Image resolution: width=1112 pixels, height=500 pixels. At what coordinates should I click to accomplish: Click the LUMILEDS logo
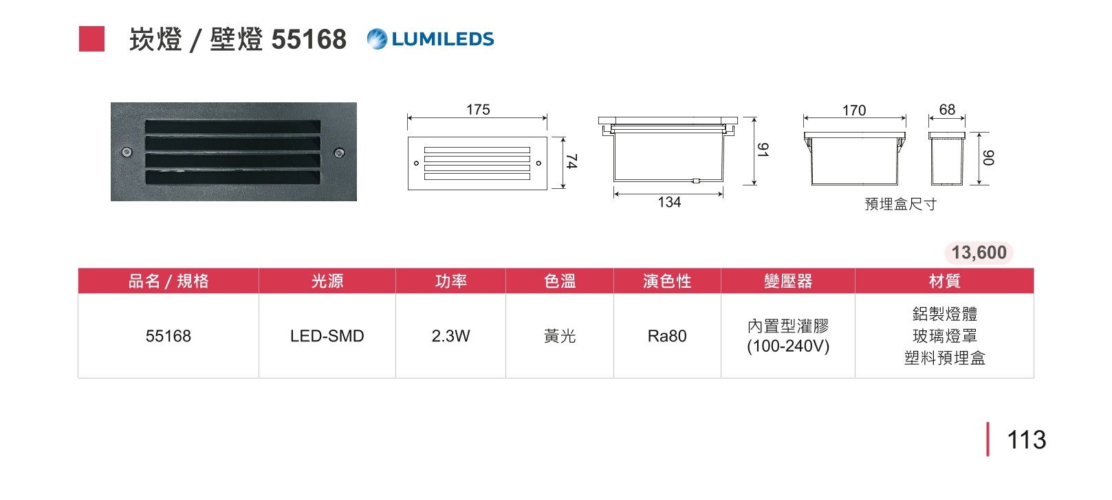click(x=430, y=39)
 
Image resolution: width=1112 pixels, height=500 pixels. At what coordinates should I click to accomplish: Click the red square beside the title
click(x=91, y=39)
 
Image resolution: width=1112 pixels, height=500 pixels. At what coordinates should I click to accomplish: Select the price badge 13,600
click(x=979, y=253)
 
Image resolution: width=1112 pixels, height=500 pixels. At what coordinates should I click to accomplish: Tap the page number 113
click(x=1026, y=440)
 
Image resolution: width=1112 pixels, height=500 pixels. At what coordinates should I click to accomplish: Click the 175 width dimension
click(x=478, y=110)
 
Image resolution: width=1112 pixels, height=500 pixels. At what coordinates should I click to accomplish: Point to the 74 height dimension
click(x=571, y=161)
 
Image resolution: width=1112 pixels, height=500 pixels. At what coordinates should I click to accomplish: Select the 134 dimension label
click(x=669, y=203)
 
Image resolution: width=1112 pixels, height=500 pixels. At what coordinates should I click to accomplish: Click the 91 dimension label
click(x=762, y=150)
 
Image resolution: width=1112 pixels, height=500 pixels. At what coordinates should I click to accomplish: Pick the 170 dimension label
click(x=854, y=111)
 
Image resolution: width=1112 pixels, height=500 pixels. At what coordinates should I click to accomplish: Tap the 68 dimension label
click(x=947, y=110)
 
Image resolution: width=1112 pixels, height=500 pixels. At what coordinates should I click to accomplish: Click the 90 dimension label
click(x=988, y=157)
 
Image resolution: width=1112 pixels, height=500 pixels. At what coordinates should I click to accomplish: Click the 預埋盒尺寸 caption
click(x=900, y=204)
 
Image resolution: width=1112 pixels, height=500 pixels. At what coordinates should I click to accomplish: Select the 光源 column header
click(x=327, y=281)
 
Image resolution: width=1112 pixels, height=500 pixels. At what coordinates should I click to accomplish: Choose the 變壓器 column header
click(x=788, y=281)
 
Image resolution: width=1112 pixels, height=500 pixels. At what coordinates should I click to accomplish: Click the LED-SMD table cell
click(x=327, y=336)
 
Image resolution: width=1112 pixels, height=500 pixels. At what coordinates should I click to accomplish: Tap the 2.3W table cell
click(x=450, y=336)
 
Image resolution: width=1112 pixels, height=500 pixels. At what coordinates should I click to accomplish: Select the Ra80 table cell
click(x=667, y=336)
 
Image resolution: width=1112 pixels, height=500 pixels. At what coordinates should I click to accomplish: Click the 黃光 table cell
click(x=560, y=336)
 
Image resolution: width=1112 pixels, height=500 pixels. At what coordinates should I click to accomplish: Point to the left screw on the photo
click(x=127, y=152)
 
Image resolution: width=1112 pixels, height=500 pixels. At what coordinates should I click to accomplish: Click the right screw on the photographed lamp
click(x=339, y=152)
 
